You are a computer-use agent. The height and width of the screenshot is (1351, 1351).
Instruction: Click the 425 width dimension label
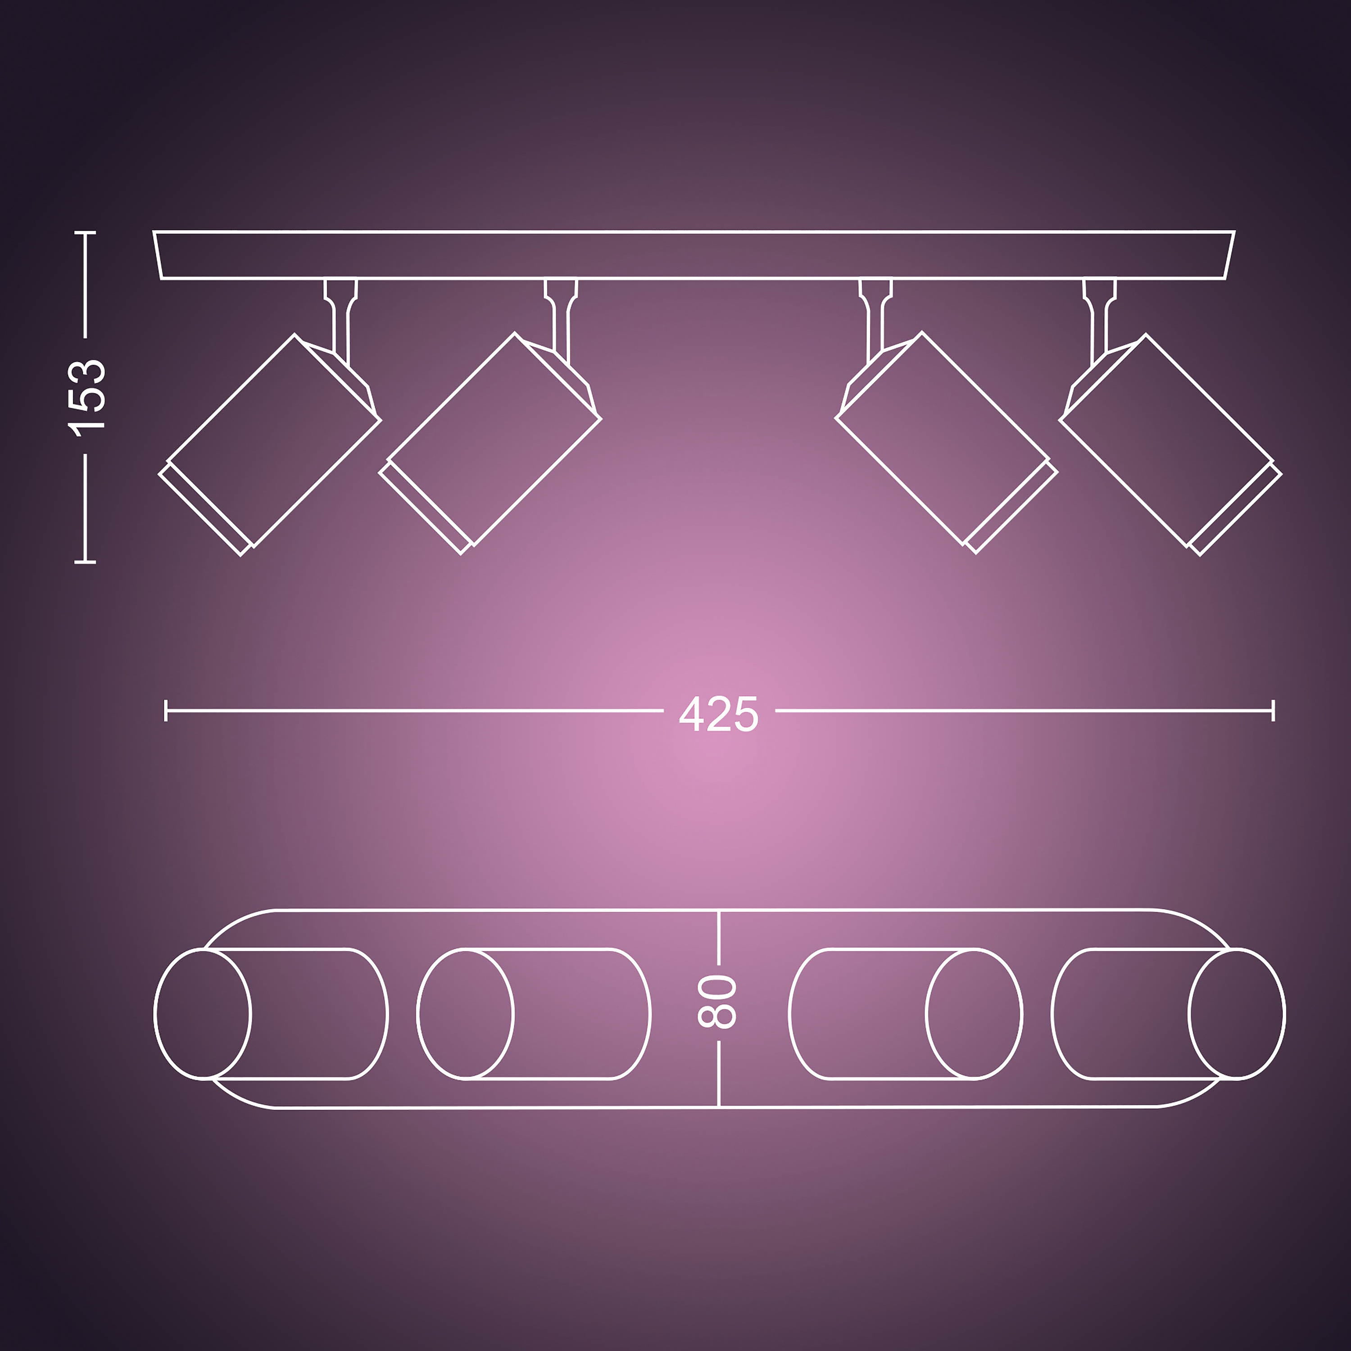click(718, 714)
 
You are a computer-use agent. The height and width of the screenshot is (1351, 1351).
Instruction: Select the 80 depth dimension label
click(717, 1002)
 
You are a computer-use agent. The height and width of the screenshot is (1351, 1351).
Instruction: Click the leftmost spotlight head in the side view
click(270, 445)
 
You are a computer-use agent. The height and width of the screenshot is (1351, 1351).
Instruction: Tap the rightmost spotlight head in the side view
click(1170, 445)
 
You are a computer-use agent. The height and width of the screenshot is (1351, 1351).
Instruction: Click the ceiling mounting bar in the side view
click(694, 254)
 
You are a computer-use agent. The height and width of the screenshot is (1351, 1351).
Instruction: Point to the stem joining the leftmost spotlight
click(340, 318)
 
